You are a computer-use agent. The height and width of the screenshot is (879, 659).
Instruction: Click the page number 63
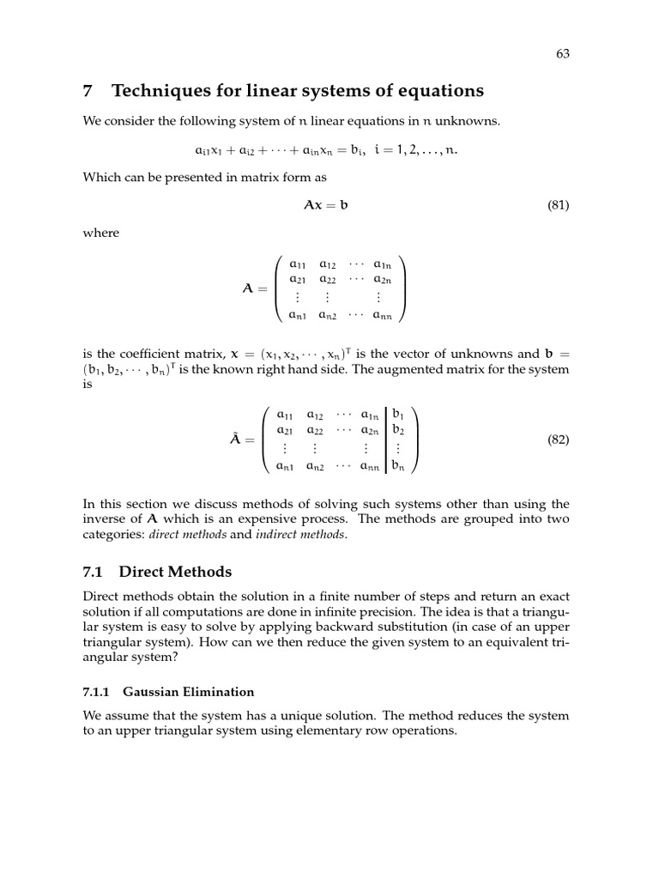563,53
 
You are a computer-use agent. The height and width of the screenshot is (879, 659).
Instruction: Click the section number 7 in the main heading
88,90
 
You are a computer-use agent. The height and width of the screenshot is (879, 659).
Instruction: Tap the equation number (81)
558,206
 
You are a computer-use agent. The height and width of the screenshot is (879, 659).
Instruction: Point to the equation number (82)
558,439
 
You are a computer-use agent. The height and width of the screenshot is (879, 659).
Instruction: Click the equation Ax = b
326,206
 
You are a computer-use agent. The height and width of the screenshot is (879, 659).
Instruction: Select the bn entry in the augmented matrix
399,467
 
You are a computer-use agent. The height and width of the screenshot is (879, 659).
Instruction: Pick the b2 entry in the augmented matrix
398,430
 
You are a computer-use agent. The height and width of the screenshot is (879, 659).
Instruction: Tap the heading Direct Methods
176,572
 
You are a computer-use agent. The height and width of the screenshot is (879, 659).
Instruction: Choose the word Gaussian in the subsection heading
151,691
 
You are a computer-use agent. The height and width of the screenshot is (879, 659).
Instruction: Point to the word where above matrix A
101,233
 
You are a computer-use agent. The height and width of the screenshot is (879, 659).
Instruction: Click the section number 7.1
94,572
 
